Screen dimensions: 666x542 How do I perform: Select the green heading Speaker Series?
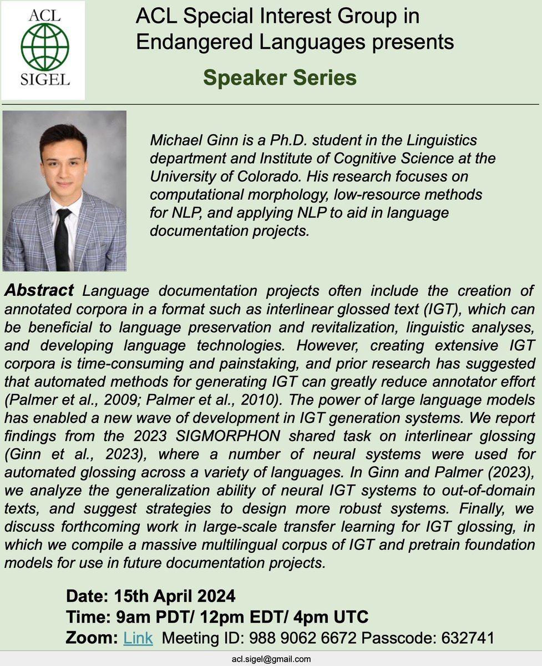(x=280, y=78)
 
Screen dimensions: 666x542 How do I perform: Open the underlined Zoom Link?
(x=138, y=638)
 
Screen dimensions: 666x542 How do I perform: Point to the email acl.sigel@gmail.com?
(x=271, y=659)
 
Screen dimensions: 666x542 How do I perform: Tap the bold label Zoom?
(x=92, y=638)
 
